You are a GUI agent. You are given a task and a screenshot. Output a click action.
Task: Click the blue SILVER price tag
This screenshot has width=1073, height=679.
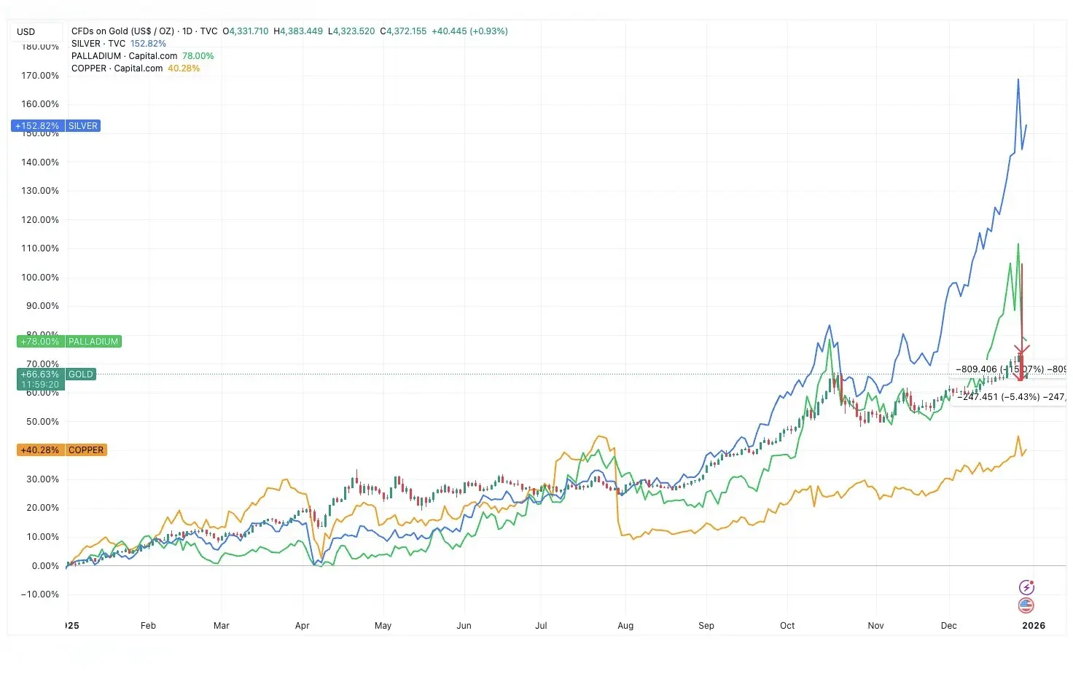83,126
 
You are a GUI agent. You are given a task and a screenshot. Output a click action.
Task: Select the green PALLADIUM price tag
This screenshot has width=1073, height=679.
93,342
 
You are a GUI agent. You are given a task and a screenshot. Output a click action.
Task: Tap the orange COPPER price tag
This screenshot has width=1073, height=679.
86,450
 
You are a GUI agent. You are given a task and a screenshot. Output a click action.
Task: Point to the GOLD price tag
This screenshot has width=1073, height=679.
80,374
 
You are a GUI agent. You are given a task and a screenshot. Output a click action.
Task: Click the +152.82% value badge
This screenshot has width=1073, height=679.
38,126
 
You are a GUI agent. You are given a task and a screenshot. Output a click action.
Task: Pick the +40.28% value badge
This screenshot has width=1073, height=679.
40,450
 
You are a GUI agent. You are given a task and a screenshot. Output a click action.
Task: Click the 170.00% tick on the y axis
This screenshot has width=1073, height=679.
40,76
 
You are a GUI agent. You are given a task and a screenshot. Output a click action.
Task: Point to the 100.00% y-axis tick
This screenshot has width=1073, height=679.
40,278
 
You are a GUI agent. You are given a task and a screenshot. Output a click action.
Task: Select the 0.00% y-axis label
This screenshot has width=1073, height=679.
45,566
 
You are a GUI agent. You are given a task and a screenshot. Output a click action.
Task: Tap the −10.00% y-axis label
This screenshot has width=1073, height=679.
40,594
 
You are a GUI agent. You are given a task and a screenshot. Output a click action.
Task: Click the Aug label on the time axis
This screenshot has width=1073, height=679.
625,626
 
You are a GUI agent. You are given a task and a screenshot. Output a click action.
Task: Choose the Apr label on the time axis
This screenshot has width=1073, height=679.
303,626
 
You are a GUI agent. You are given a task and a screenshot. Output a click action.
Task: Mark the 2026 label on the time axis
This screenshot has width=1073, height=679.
1033,626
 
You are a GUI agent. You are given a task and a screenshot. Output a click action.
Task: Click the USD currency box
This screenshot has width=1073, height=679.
26,32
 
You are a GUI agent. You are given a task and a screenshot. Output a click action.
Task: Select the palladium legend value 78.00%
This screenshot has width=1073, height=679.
198,56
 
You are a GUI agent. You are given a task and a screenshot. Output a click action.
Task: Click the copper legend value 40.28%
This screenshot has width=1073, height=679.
184,68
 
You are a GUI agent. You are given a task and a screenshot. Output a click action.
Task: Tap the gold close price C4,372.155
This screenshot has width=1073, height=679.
404,31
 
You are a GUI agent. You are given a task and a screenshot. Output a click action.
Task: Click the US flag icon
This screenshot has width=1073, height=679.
1026,605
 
